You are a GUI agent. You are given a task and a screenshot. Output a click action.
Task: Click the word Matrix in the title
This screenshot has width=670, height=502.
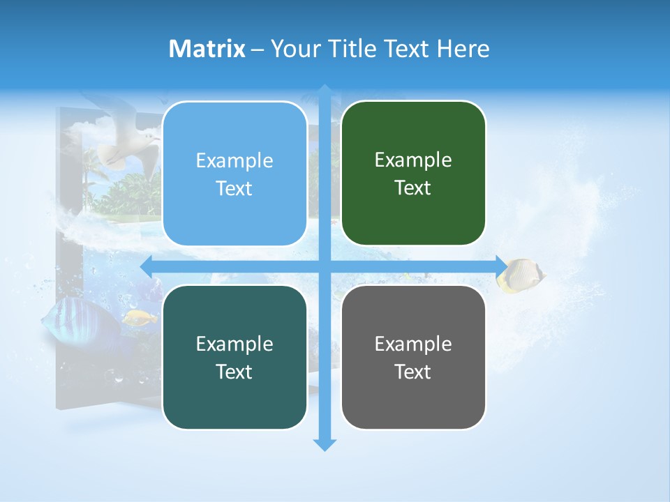[x=207, y=49]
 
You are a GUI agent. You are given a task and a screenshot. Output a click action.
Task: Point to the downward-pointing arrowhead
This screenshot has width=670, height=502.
[x=325, y=445]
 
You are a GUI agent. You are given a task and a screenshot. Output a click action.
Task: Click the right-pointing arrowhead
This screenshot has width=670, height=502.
[x=502, y=266]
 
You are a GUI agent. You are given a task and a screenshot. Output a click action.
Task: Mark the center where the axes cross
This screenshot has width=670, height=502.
[x=325, y=266]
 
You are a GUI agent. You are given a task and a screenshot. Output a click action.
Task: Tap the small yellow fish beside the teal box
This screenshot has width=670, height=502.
[x=140, y=318]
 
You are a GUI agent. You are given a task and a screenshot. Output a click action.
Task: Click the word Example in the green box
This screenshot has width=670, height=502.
[x=413, y=160]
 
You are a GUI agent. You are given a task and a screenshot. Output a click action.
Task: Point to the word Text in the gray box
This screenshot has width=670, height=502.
[x=413, y=372]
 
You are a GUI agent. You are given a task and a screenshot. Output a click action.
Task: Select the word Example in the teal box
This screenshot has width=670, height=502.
[x=234, y=344]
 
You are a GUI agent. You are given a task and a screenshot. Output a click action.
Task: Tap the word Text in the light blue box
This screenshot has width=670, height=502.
[x=234, y=189]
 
